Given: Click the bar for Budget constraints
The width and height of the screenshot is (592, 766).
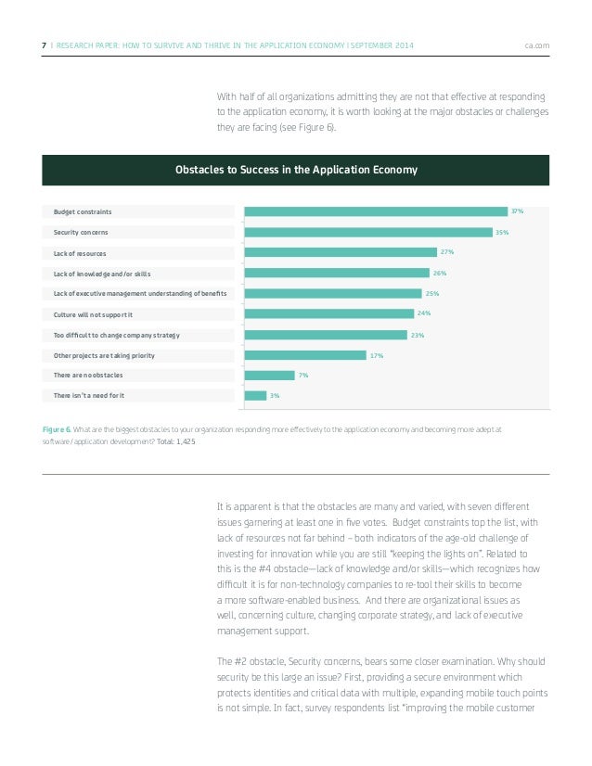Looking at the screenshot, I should click(376, 211).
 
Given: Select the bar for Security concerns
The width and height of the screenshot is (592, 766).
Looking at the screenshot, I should click(368, 232).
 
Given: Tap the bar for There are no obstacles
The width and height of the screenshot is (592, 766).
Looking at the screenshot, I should click(269, 376).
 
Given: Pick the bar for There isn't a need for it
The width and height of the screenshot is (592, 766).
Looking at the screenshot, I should click(255, 396).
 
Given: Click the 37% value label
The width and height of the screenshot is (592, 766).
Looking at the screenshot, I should click(517, 211).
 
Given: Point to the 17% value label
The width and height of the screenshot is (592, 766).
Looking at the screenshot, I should click(377, 355).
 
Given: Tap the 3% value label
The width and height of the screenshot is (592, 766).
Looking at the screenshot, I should click(274, 396).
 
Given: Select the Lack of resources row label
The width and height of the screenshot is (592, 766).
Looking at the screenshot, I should click(80, 253).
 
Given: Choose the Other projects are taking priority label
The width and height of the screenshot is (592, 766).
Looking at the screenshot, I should click(104, 355).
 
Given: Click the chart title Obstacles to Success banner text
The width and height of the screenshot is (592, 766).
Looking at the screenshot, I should click(296, 170).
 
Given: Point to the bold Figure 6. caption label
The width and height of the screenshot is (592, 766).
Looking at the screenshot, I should click(57, 430).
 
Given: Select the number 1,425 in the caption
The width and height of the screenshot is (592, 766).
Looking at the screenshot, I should click(187, 441).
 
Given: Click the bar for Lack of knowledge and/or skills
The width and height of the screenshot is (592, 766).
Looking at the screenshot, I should click(337, 273).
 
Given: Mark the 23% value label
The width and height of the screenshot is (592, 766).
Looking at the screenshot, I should click(418, 335).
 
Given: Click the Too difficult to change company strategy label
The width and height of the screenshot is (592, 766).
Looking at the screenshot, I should click(116, 335).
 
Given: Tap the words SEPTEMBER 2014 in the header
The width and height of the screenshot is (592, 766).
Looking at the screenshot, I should click(384, 45).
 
